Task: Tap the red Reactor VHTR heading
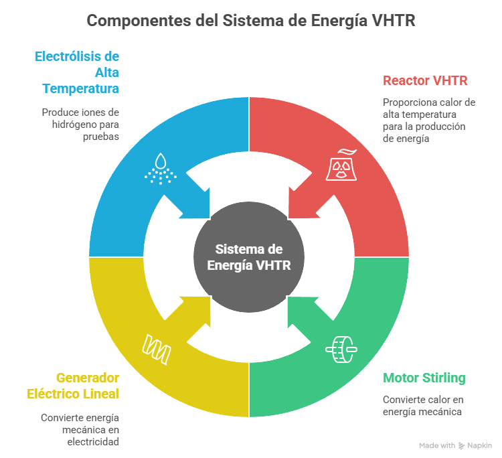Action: (x=425, y=80)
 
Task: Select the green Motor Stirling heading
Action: (x=424, y=378)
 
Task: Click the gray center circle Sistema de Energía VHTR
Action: (x=248, y=256)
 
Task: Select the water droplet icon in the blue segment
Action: (x=161, y=168)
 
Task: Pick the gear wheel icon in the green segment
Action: (x=339, y=348)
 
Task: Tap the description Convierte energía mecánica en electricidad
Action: (x=80, y=429)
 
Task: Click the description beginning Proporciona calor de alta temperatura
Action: (x=428, y=121)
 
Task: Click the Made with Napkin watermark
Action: (x=455, y=445)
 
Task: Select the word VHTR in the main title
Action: (x=394, y=21)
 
